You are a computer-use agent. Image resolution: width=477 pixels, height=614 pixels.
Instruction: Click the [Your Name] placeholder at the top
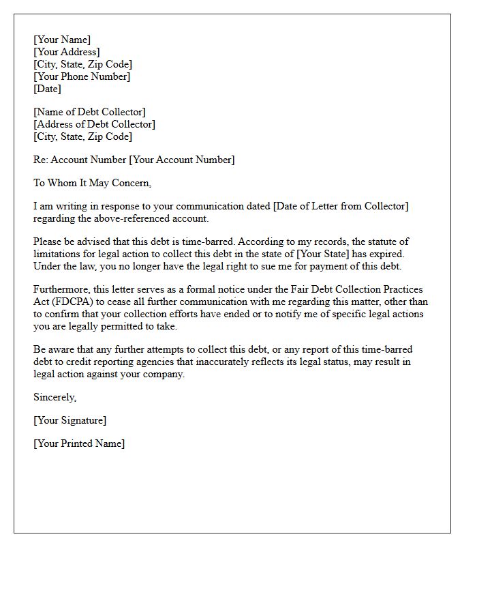[x=62, y=40]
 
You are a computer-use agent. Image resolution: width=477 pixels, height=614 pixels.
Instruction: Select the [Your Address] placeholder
[x=67, y=52]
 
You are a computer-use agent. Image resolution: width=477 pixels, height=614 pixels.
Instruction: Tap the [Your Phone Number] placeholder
[x=82, y=76]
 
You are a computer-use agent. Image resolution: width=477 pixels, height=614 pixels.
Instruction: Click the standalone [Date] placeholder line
[x=48, y=89]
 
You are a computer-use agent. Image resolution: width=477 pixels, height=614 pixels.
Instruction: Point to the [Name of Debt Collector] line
[x=89, y=112]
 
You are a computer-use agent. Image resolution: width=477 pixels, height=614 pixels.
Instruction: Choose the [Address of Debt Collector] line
[x=94, y=124]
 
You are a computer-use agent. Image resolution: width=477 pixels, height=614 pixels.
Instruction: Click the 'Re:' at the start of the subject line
[x=41, y=160]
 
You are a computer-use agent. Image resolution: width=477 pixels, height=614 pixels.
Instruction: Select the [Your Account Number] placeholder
[x=182, y=160]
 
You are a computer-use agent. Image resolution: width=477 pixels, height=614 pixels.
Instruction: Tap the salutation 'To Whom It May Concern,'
[x=92, y=183]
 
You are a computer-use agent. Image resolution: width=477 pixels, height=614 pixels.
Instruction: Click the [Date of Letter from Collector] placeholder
[x=341, y=206]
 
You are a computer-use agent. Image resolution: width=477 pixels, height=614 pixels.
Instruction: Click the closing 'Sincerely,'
[x=55, y=397]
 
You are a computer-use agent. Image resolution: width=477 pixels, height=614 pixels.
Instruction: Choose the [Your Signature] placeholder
[x=70, y=420]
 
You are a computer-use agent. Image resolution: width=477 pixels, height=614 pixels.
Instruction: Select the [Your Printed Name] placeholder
[x=79, y=443]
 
